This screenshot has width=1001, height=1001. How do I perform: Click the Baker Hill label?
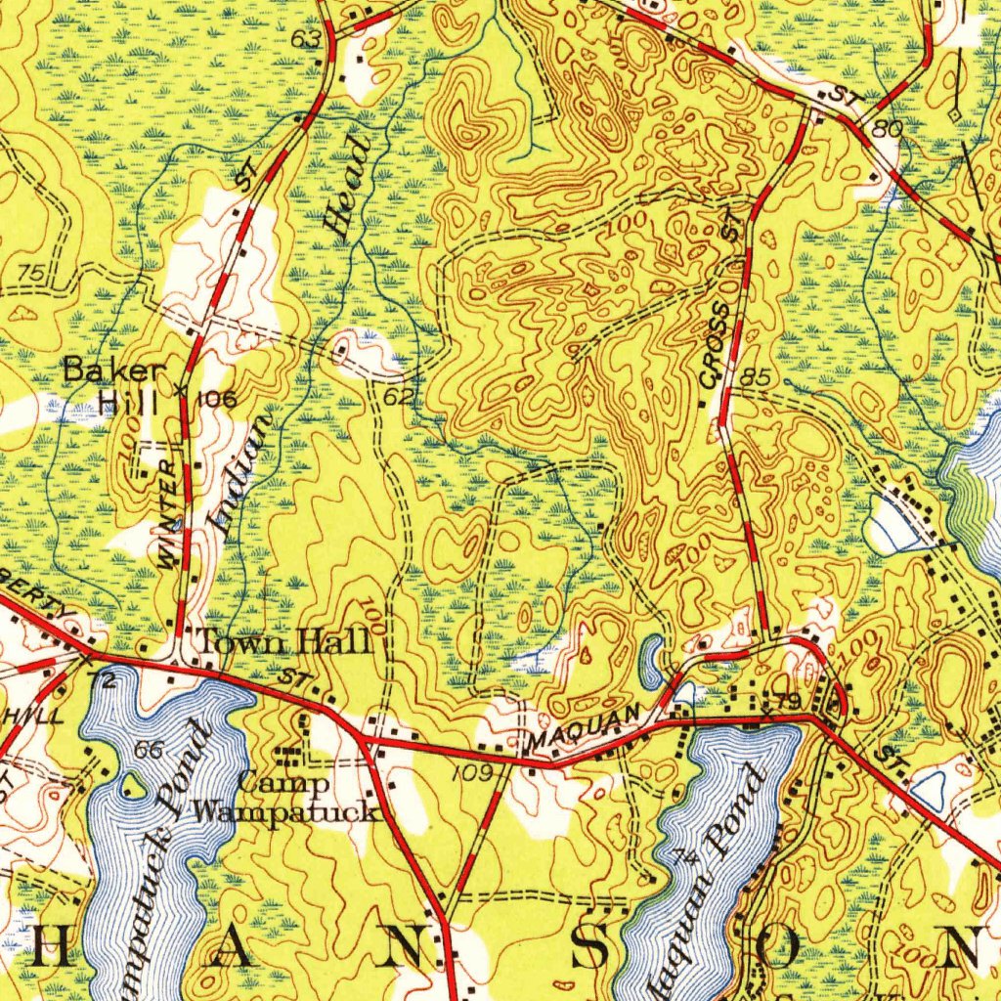coord(114,384)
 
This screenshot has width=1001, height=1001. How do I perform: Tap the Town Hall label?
coord(284,642)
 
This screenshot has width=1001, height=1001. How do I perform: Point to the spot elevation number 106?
coord(216,399)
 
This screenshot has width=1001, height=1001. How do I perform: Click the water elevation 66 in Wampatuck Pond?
coord(150,751)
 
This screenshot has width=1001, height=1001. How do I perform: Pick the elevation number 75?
coord(31,274)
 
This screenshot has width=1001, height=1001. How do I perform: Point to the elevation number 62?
coord(397,397)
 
